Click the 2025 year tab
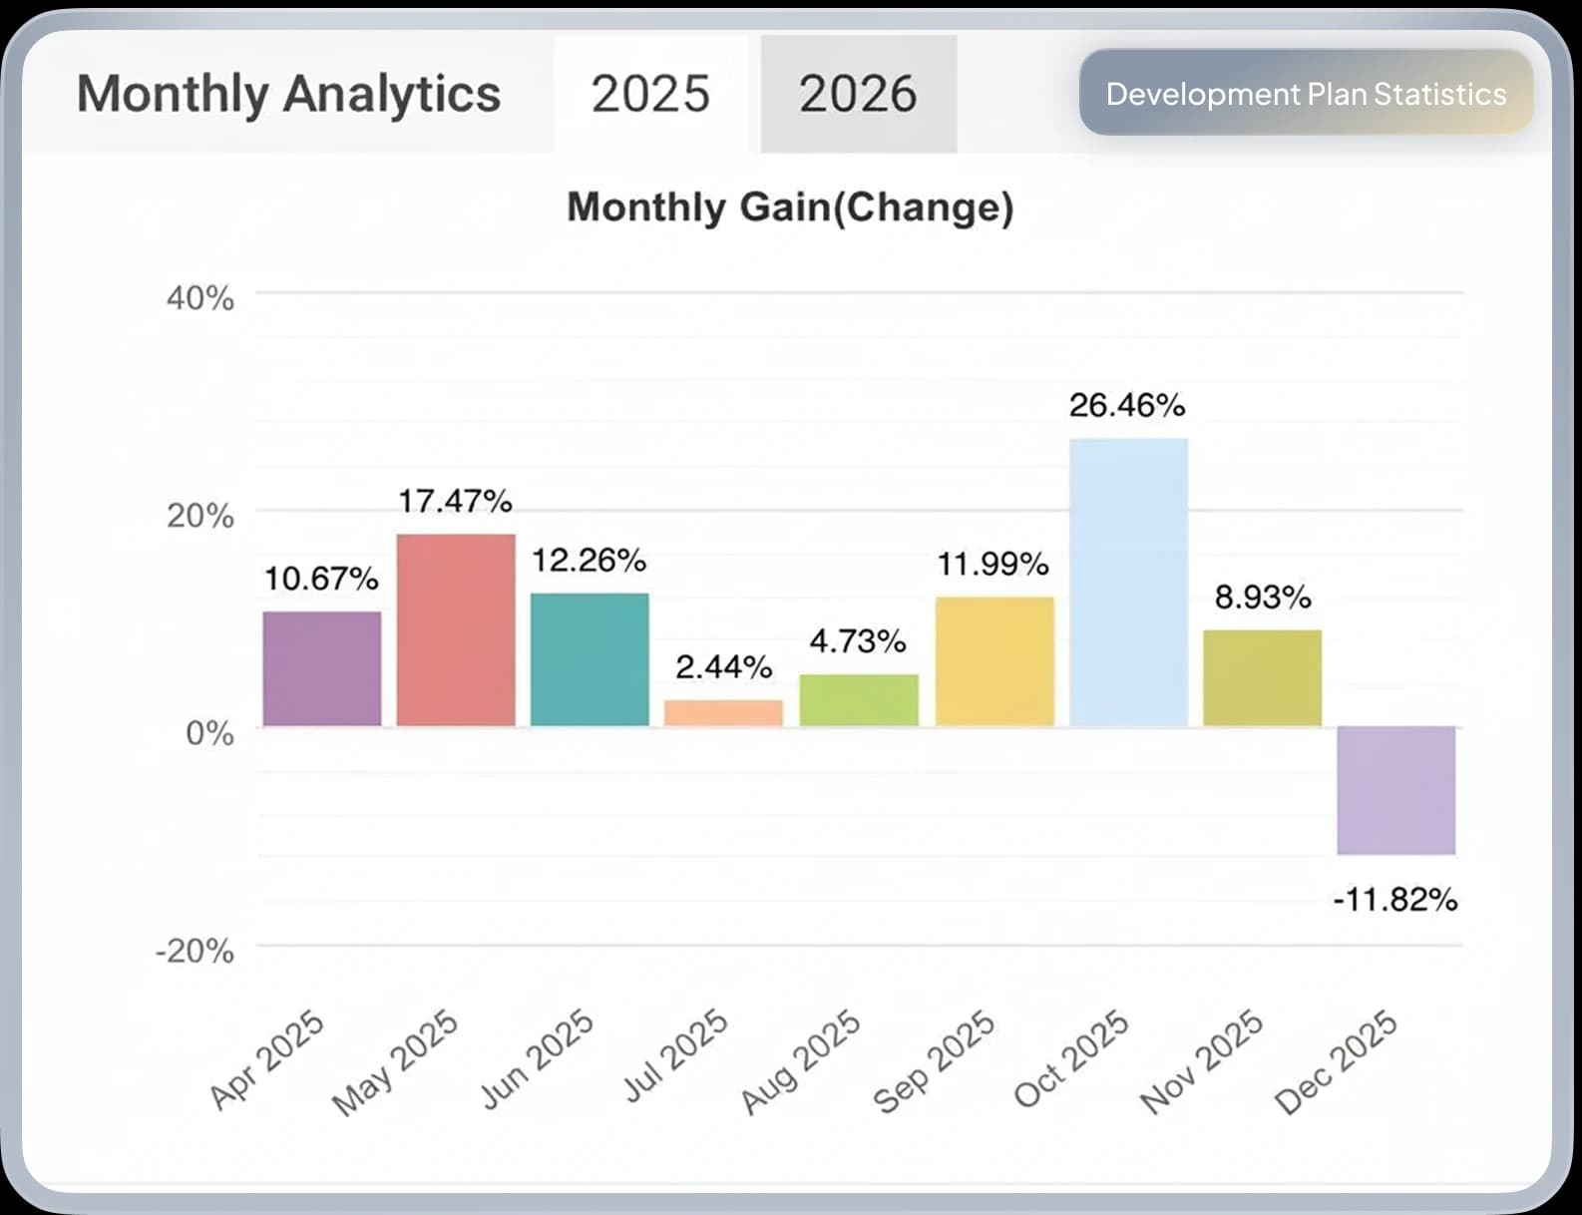(x=650, y=94)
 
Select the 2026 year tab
(x=858, y=94)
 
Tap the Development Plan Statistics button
(x=1306, y=93)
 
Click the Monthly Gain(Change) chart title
(x=790, y=206)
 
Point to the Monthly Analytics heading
(x=288, y=94)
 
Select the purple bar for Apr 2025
(x=322, y=668)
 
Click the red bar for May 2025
(x=456, y=629)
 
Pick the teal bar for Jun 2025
(x=590, y=659)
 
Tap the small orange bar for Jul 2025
(x=723, y=713)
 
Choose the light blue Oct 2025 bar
(x=1128, y=582)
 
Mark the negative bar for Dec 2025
(x=1395, y=790)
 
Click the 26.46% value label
(x=1127, y=405)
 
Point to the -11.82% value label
(x=1394, y=900)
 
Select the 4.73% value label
(x=858, y=640)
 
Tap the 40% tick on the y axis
(x=200, y=297)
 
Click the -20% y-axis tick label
(x=195, y=951)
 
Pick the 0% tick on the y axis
(x=209, y=733)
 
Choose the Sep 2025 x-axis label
(x=934, y=1060)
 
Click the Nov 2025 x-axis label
(x=1201, y=1060)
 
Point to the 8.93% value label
(x=1262, y=597)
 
